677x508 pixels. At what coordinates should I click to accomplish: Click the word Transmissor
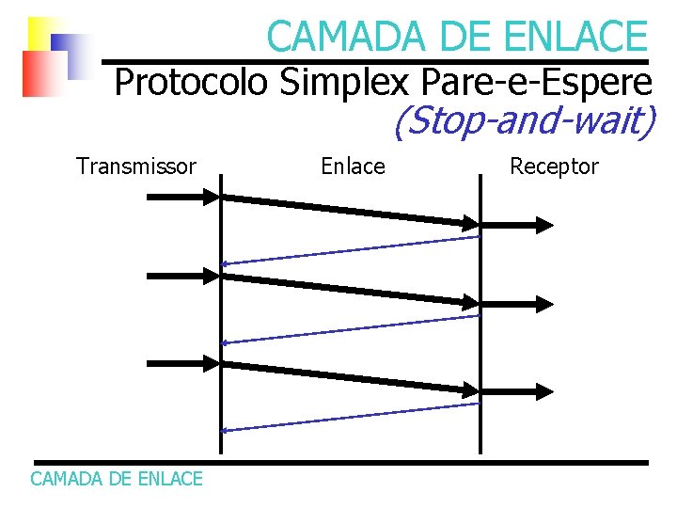pos(136,167)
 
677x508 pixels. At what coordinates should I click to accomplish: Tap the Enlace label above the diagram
pos(353,167)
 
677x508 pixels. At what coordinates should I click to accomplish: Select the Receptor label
pos(554,167)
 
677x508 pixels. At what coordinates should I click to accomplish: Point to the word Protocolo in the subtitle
pos(191,83)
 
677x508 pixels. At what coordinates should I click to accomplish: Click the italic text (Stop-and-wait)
pos(523,122)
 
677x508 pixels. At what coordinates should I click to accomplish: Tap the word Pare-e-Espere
pos(537,83)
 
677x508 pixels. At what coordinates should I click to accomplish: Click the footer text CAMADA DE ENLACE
pos(117,479)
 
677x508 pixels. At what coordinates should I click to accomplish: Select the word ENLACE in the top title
pos(575,37)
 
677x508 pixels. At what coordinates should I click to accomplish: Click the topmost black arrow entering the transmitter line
pos(182,197)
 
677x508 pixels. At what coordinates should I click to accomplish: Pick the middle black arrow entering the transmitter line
pos(182,276)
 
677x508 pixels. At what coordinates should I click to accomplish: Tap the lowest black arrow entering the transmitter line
pos(182,363)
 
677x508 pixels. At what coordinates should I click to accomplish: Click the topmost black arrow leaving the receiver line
pos(517,224)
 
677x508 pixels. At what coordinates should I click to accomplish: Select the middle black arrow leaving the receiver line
pos(517,302)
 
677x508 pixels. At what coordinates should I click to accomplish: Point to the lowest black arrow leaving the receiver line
pos(517,389)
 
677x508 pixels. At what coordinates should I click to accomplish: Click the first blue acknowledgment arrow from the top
pos(350,250)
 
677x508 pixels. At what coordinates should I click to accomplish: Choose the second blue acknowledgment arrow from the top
pos(350,329)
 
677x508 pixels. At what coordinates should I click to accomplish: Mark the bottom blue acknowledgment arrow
pos(350,417)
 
